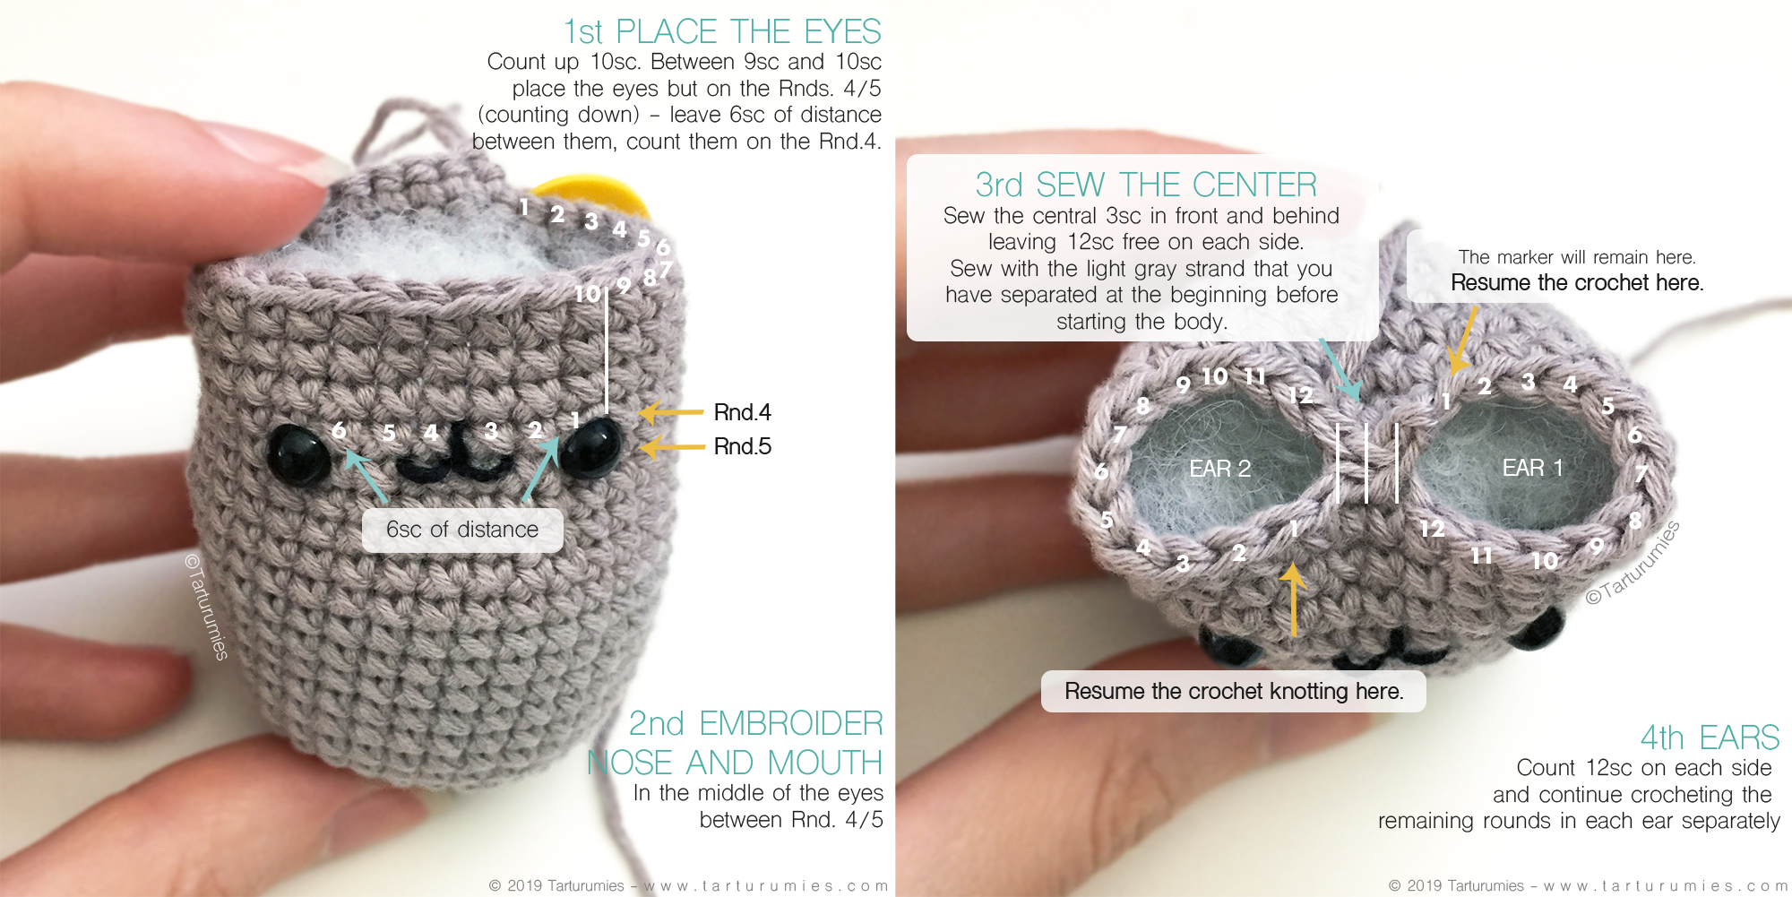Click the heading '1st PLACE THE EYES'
722,32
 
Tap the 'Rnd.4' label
742,412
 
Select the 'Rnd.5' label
742,446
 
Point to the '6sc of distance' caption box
462,530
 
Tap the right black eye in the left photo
590,445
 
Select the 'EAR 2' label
1219,469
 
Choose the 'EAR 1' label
1532,468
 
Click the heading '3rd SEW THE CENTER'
1146,185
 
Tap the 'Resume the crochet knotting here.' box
1234,691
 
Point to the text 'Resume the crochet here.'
1577,283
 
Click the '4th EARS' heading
1710,737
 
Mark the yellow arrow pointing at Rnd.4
670,413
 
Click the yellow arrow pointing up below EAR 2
1293,599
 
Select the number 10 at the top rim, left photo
588,293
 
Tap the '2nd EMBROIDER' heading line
755,723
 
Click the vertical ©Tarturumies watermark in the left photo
207,606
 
